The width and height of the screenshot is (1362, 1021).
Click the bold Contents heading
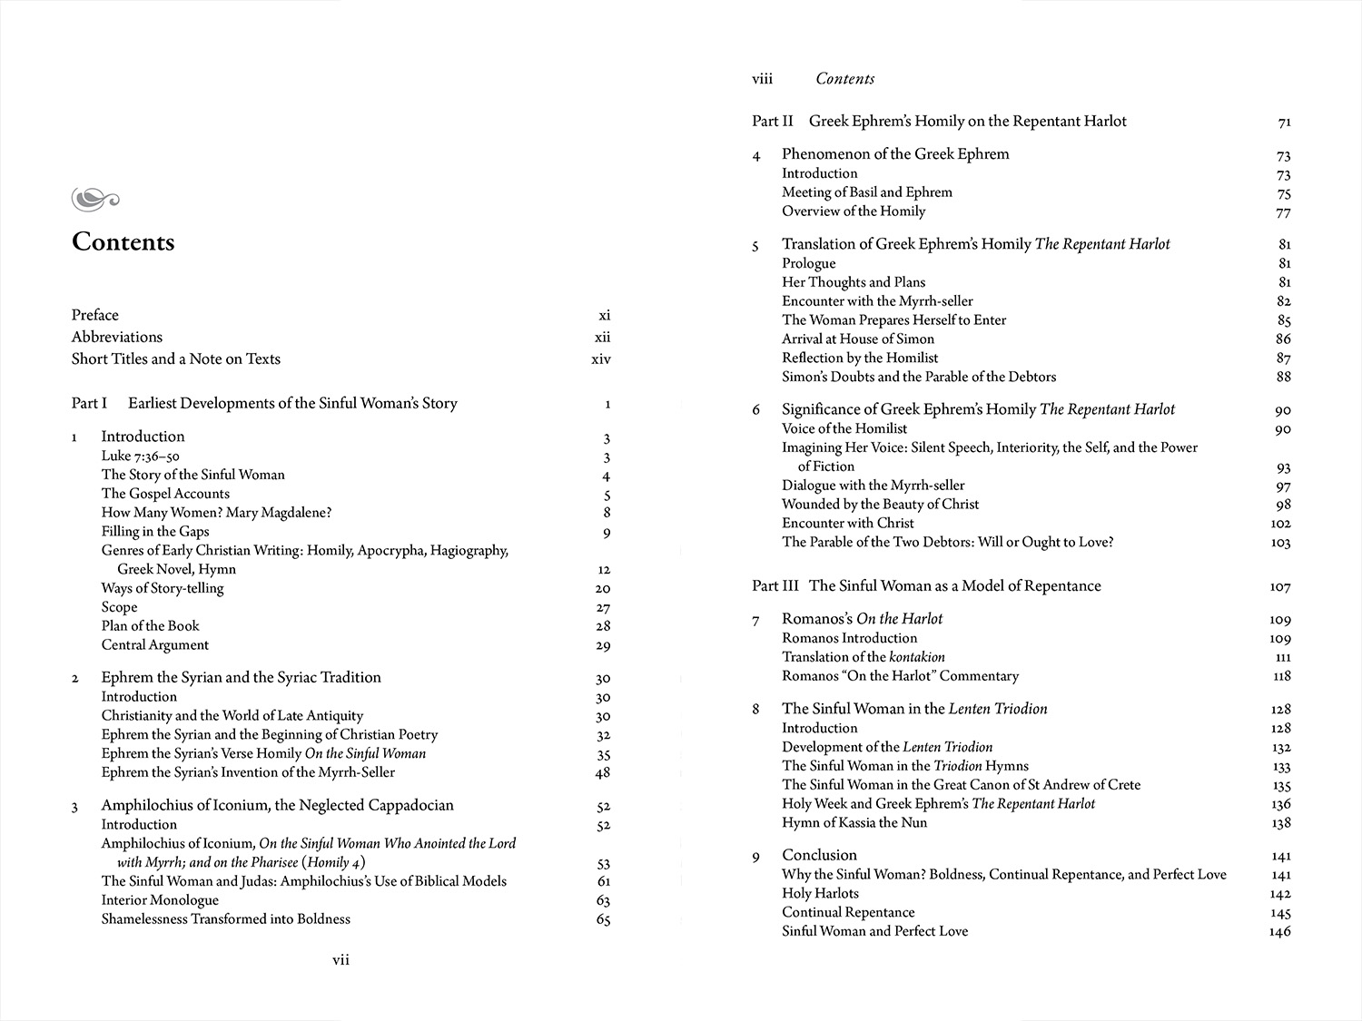123,242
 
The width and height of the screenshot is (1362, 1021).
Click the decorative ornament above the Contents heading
94,198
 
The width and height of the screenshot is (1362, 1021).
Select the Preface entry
95,315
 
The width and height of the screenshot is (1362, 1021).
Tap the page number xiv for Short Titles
601,359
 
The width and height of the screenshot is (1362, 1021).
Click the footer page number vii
340,959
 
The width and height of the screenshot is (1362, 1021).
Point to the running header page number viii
762,79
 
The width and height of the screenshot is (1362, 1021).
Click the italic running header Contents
844,79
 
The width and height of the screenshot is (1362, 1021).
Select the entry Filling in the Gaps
155,532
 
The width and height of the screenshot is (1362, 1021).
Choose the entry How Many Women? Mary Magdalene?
216,513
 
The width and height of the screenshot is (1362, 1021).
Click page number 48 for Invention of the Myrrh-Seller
603,773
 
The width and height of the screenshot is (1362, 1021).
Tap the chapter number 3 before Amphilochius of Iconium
75,807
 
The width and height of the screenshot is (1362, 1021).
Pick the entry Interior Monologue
160,900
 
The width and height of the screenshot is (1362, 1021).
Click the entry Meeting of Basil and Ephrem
867,192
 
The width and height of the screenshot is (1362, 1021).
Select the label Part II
772,122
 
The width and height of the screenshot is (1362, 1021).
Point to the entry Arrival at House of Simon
858,339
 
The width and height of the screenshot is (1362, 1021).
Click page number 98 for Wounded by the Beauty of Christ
1282,505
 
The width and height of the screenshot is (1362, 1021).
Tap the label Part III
775,586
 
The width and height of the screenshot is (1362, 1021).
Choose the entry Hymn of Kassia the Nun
854,823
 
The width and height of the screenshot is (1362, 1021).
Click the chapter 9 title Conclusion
819,855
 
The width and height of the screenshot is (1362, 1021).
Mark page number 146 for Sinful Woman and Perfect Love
1280,932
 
